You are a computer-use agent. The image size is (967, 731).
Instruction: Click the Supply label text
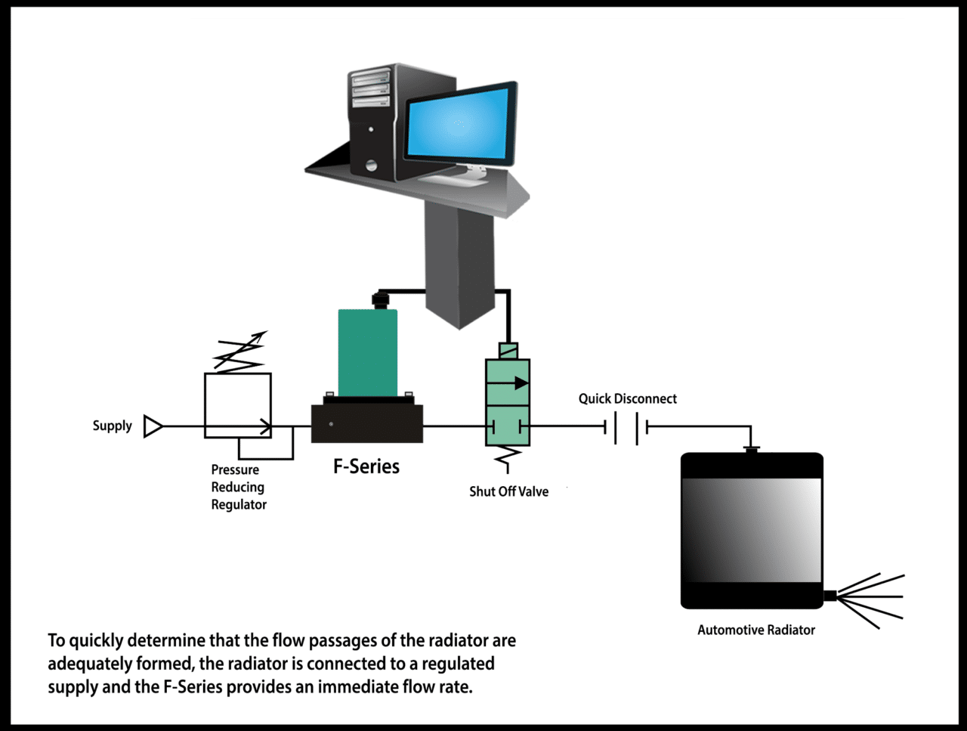tap(112, 426)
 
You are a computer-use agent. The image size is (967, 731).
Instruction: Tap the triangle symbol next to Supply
tap(153, 426)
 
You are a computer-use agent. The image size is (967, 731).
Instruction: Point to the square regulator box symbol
tap(237, 404)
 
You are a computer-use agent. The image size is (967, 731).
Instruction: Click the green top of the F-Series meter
tap(367, 352)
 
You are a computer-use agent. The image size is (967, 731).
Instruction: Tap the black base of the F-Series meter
tap(367, 423)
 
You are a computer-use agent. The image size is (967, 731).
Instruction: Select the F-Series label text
tap(366, 466)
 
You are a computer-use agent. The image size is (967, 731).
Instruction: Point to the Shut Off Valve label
tap(508, 491)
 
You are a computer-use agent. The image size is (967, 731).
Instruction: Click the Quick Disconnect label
tap(627, 398)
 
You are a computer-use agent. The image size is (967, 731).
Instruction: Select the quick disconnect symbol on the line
tap(627, 428)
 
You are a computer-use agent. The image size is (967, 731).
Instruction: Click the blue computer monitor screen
tap(458, 124)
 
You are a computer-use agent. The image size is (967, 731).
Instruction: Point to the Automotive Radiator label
tap(755, 630)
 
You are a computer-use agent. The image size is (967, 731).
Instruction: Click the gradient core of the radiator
tap(752, 530)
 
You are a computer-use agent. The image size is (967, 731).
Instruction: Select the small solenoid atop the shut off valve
tap(508, 352)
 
